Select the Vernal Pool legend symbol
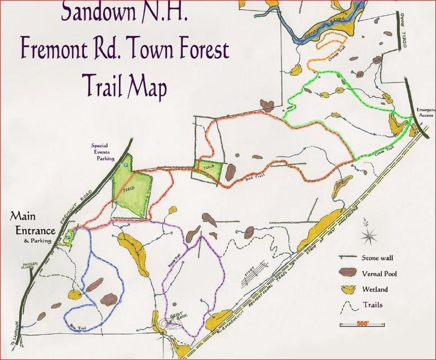click(x=349, y=274)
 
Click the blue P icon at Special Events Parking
click(x=126, y=163)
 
